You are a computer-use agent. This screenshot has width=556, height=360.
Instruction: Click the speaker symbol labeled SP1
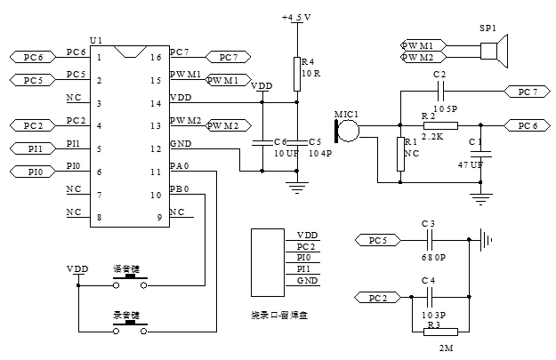[x=496, y=50]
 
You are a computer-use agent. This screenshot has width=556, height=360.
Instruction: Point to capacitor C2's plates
[x=439, y=91]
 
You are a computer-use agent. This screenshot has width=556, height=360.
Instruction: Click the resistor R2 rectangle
[x=439, y=125]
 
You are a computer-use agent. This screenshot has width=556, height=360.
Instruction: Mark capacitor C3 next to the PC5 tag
[x=430, y=239]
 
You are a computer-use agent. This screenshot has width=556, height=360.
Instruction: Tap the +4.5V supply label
[x=296, y=17]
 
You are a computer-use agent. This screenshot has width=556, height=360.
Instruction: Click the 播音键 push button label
[x=125, y=268]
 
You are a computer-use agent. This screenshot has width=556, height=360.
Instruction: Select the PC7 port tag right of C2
[x=525, y=91]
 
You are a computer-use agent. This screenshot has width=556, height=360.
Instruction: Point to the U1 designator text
[x=95, y=41]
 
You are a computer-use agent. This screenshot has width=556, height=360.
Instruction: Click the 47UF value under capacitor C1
[x=470, y=165]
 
